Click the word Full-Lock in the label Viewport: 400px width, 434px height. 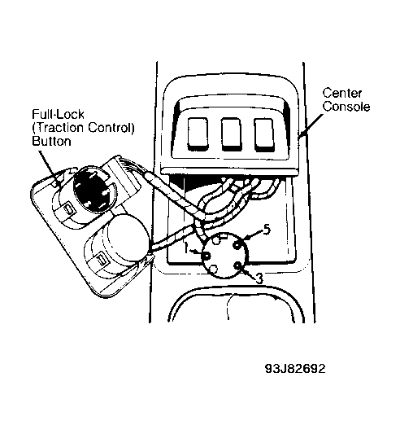58,114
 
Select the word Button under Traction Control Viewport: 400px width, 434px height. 51,141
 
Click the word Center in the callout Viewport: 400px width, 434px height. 342,94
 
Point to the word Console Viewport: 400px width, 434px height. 346,107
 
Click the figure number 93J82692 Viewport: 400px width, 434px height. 295,369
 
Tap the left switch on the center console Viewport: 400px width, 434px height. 198,134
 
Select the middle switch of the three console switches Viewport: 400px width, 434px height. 231,134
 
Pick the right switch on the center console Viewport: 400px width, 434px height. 264,135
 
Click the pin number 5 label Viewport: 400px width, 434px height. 267,230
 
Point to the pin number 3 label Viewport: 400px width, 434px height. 259,279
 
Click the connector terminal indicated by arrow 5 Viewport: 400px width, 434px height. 237,245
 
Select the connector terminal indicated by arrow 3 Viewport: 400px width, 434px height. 237,266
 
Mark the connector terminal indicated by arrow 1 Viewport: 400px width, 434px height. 207,256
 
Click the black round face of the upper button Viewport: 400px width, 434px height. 95,191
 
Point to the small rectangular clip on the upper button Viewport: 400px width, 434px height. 68,210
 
